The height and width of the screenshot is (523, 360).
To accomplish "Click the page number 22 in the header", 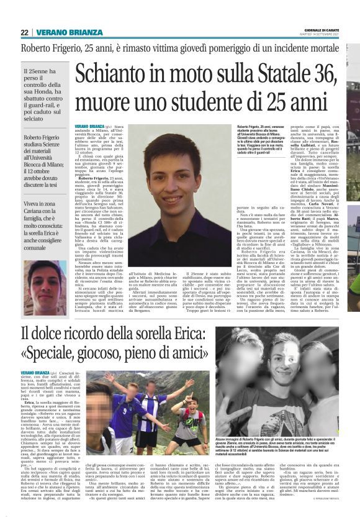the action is tap(24, 32).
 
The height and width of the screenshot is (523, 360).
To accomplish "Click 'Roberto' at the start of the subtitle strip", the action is tap(37, 48).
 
